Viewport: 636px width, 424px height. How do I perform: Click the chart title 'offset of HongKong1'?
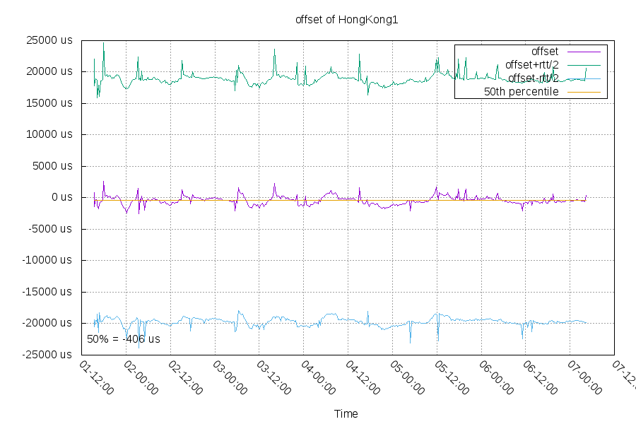(x=346, y=20)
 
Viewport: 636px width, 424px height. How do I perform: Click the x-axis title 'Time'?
(x=346, y=414)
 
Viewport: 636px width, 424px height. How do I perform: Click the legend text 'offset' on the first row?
(x=544, y=52)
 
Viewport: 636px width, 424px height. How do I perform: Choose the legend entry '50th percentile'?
(x=521, y=92)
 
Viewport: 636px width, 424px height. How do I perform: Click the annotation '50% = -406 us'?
(x=123, y=339)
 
